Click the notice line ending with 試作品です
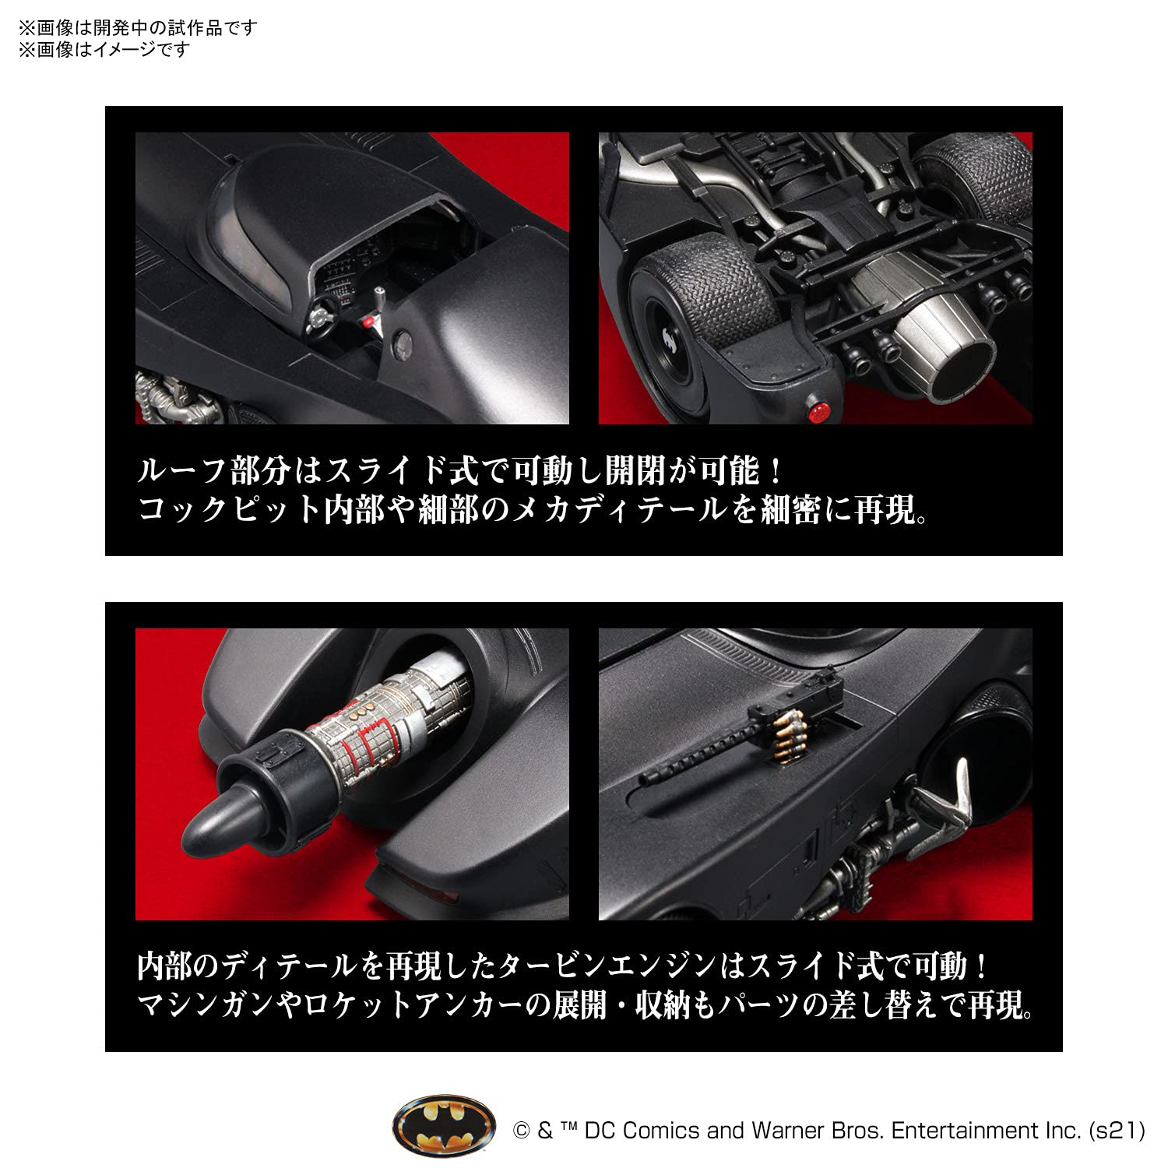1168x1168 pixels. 138,28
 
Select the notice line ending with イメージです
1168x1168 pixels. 104,50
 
